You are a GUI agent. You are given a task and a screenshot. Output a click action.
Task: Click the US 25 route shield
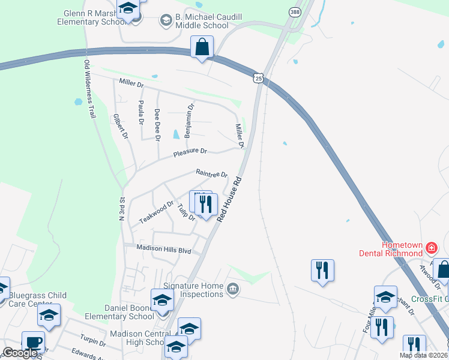pos(258,78)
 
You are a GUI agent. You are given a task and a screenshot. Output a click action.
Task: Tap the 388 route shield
pos(294,12)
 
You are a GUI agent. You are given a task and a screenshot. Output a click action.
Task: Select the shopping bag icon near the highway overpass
pos(202,47)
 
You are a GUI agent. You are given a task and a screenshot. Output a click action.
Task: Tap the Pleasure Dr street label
pos(190,153)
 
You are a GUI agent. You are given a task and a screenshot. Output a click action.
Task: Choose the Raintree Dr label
pos(212,173)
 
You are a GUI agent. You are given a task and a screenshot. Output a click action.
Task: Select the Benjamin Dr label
pos(190,121)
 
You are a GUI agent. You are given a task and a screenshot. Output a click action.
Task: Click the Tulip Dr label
pos(187,212)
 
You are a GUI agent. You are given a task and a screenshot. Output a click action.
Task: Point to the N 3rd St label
pos(121,208)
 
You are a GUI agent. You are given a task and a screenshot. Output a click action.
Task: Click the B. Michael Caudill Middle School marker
pos(166,21)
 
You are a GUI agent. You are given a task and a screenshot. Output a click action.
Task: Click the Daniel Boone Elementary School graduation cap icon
pos(161,299)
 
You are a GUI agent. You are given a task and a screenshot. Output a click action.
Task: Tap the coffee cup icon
pos(33,342)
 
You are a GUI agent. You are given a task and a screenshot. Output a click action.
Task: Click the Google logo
pos(20,353)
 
